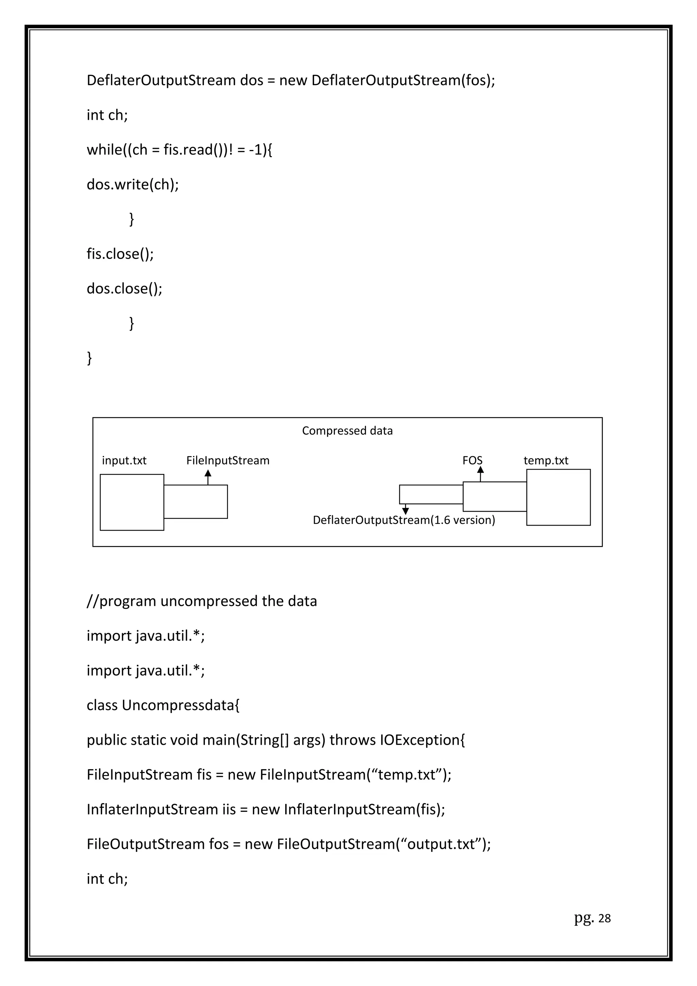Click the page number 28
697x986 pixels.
pos(604,918)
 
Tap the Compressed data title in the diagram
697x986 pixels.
pos(347,431)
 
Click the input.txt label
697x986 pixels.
pos(124,460)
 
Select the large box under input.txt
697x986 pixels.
pos(132,502)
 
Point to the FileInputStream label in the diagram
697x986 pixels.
pos(228,460)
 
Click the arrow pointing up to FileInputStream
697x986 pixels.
pos(208,477)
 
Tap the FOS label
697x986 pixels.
pos(472,460)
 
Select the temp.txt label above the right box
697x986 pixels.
pos(546,460)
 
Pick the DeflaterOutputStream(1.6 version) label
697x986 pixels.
pos(404,520)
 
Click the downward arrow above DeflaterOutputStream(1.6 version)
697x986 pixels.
pos(405,510)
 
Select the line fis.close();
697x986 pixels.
pos(120,254)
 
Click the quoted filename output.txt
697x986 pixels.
pos(443,844)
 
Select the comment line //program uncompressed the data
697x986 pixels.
pos(201,601)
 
